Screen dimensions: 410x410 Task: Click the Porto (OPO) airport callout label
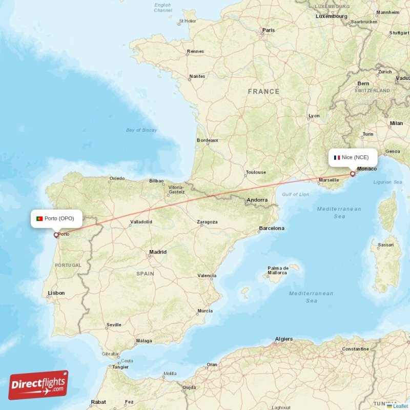(56, 219)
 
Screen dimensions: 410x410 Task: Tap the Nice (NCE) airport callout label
(352, 157)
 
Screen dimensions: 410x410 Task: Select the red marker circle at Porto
(56, 236)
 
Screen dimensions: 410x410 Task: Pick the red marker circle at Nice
(353, 174)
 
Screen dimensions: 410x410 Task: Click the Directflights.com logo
(38, 385)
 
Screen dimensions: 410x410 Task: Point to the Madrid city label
(157, 252)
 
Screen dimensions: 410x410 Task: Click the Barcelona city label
(271, 228)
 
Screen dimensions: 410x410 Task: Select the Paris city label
(269, 30)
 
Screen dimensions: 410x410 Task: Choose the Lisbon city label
(56, 293)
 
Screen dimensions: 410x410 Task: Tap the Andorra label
(257, 200)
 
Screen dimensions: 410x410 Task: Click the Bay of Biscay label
(141, 130)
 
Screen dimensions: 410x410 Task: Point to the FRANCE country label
(263, 92)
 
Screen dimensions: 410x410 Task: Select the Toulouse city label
(256, 173)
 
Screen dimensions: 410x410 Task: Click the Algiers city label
(283, 339)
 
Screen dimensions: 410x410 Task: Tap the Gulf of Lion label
(295, 194)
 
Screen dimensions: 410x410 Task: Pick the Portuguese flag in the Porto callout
(39, 219)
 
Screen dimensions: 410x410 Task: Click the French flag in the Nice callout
(337, 157)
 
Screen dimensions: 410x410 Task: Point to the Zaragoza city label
(207, 222)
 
